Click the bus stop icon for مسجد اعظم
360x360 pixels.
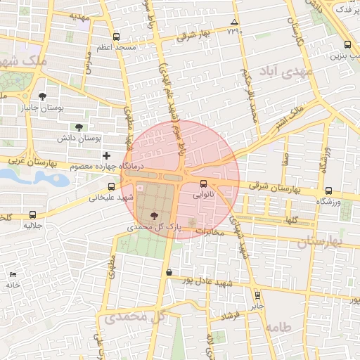115,37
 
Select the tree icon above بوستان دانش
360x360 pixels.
78,127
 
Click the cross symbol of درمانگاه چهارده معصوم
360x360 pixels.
106,155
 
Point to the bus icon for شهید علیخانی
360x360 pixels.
111,186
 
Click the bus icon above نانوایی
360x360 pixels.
204,184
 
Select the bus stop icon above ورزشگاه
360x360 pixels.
328,191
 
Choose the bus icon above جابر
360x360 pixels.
257,295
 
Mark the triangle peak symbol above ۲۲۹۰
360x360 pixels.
234,23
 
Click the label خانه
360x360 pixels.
13,285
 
